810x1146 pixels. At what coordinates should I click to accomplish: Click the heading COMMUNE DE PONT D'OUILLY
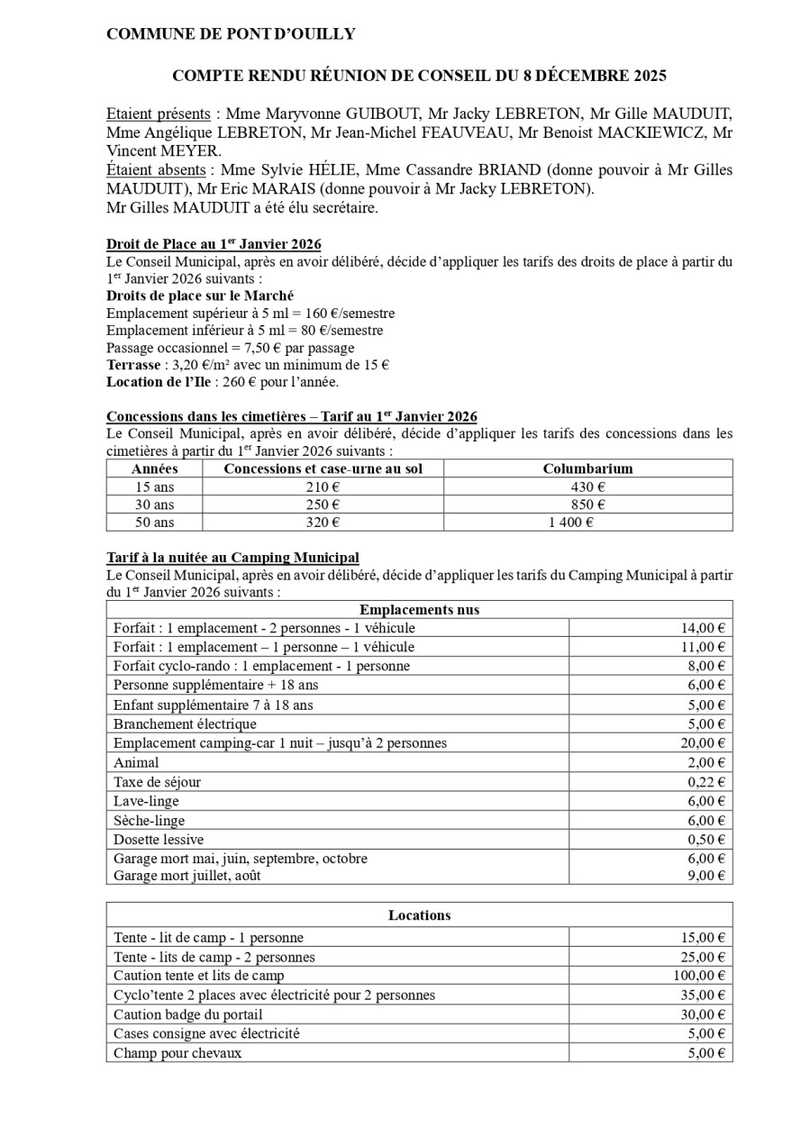[x=231, y=34]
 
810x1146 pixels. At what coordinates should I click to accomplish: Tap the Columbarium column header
[x=587, y=468]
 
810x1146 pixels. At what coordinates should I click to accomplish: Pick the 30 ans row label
[x=154, y=505]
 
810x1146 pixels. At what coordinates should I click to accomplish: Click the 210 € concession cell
[x=322, y=487]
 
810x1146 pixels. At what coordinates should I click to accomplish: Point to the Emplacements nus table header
[x=419, y=610]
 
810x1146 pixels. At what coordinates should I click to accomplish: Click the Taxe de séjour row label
[x=157, y=782]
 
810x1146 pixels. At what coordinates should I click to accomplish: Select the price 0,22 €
[x=706, y=782]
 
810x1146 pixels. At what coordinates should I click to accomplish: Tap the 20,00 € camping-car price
[x=703, y=743]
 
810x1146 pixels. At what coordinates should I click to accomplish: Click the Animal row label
[x=136, y=763]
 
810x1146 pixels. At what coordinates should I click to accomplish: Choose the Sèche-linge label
[x=150, y=821]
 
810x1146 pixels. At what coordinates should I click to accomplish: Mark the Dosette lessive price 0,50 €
[x=706, y=840]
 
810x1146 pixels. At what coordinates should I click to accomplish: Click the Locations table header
[x=419, y=915]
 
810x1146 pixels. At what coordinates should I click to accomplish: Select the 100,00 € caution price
[x=699, y=976]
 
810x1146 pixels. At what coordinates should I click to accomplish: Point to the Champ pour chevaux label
[x=177, y=1053]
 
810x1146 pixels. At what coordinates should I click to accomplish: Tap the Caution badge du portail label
[x=188, y=1014]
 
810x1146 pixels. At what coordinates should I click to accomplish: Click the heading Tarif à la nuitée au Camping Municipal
[x=232, y=558]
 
